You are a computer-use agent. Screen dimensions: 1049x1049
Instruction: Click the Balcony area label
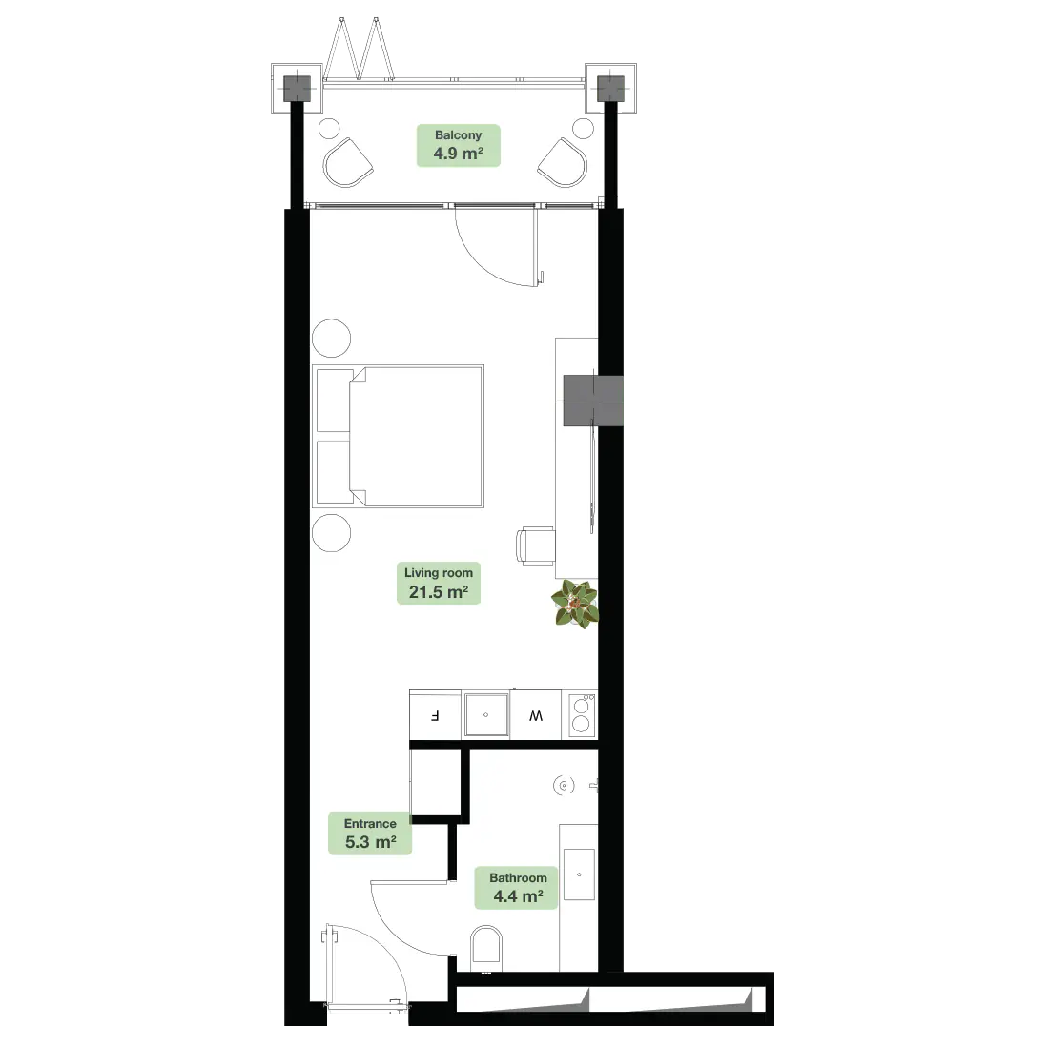tap(459, 145)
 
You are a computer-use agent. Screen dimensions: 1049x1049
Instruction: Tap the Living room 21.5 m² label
tap(439, 583)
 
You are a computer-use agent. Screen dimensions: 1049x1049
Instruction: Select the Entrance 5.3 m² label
tap(370, 833)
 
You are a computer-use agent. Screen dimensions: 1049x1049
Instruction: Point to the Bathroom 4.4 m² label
tap(516, 888)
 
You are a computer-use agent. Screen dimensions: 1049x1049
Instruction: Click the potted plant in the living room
tap(575, 604)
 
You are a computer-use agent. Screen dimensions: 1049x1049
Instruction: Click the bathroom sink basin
tap(580, 874)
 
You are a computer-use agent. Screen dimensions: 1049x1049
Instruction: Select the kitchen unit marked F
tap(435, 715)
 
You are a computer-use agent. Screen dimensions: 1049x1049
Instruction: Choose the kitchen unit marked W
tap(536, 715)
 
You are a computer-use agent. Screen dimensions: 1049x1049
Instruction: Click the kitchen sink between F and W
tap(485, 715)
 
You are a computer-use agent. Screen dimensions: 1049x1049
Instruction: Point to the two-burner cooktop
tap(582, 715)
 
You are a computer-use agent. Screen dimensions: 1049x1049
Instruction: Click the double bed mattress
tap(416, 436)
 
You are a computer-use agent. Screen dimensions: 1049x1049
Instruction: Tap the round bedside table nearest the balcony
tap(331, 339)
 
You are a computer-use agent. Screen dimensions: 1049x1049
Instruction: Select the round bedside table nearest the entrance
tap(331, 533)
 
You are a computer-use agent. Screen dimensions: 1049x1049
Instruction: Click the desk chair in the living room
tap(535, 545)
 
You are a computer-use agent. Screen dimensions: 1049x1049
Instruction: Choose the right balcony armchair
tap(563, 163)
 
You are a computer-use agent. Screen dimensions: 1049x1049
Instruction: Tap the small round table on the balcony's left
tap(329, 129)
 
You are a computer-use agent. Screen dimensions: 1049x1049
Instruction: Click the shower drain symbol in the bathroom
tap(564, 786)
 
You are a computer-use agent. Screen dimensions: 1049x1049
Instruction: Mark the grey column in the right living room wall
tap(593, 401)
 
